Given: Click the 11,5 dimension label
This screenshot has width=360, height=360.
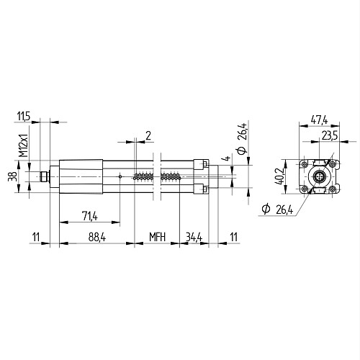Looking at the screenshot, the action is (24, 117).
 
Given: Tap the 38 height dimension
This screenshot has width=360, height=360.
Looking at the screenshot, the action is (12, 176).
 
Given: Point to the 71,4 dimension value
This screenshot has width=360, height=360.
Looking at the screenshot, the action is (90, 216).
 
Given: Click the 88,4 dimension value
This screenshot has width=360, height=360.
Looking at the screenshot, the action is (97, 237).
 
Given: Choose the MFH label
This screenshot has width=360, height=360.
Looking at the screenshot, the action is (157, 237).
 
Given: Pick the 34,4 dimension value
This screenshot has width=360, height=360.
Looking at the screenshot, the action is (194, 237).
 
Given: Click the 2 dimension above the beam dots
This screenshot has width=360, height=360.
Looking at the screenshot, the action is (148, 136).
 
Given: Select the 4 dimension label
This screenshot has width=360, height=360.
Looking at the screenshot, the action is (226, 158).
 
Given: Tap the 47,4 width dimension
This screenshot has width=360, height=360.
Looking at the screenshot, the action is (319, 120).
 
